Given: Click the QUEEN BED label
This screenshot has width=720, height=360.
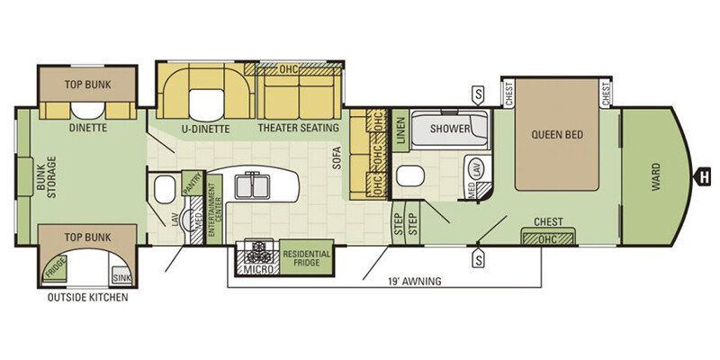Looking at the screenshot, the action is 557,134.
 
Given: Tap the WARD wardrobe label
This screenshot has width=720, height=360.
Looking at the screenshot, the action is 656,176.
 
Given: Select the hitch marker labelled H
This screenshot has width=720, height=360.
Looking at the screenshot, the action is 702,176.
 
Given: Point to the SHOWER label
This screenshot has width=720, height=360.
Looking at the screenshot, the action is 450,129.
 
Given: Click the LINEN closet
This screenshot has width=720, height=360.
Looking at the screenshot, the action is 400,130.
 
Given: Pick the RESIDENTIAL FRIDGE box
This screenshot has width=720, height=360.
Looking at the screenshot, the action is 307,257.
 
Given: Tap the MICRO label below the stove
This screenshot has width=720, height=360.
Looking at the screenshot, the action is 258,269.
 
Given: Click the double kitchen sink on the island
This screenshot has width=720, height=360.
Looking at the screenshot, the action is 252,185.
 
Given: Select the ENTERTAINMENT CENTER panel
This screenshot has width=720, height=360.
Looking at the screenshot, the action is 214,210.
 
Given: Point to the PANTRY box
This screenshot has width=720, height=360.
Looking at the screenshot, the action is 192,184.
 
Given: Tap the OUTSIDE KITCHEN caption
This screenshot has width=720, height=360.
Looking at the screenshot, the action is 87,298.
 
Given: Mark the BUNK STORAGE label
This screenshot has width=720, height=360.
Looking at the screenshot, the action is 46,176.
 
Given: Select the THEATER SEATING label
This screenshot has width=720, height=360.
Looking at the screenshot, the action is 299,128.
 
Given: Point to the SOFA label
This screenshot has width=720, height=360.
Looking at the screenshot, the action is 337,158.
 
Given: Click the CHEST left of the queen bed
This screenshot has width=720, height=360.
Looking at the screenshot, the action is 508,93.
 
